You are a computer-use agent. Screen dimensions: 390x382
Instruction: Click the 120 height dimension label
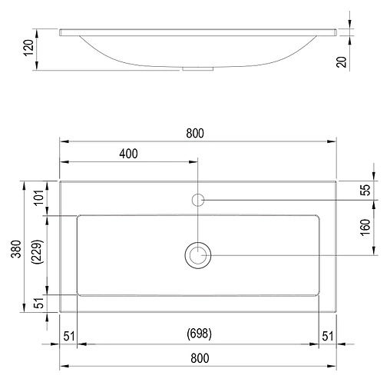click(28, 48)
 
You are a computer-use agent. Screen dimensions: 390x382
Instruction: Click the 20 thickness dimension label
click(342, 61)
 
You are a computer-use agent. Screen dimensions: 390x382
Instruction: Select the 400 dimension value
click(128, 154)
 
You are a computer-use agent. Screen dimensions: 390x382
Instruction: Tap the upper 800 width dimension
click(195, 133)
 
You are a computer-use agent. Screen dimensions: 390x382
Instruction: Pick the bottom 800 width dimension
click(200, 358)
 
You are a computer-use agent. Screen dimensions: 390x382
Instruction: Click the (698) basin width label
click(200, 334)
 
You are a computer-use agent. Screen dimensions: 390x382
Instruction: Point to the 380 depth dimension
click(16, 249)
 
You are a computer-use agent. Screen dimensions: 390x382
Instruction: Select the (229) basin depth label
click(37, 251)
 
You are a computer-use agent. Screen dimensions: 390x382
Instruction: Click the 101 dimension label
click(39, 198)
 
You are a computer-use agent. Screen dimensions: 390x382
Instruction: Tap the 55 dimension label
click(365, 190)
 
